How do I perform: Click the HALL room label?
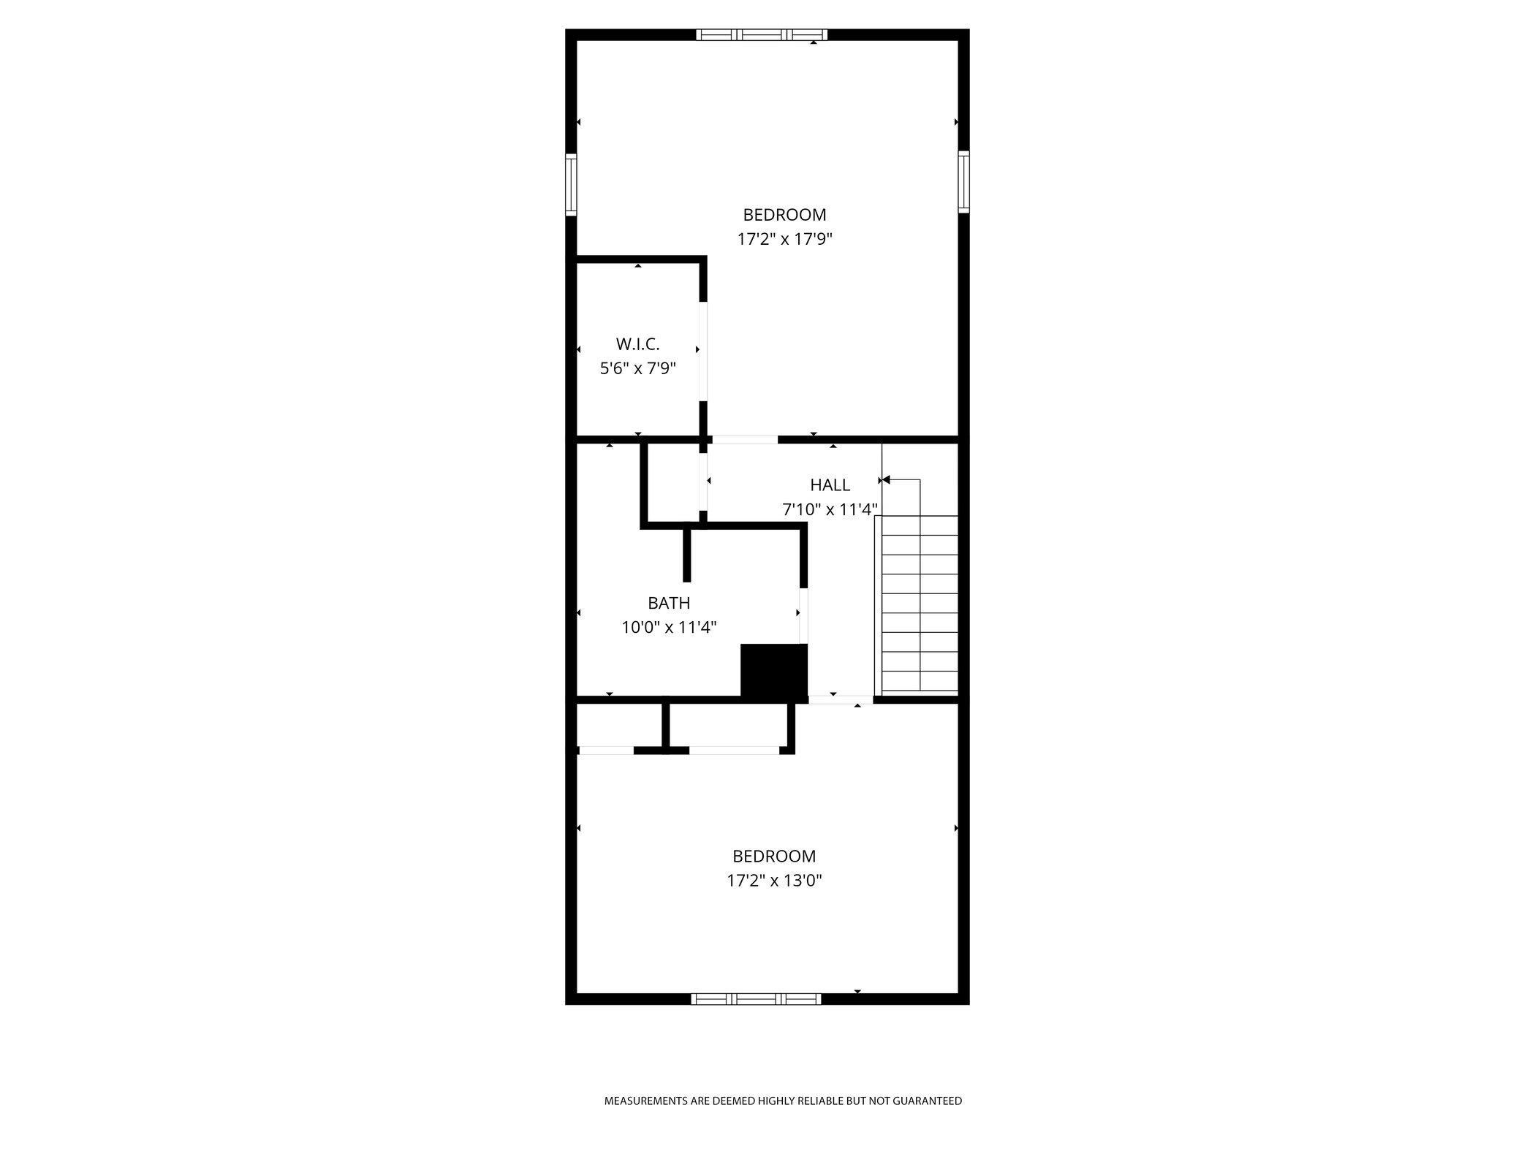coord(830,485)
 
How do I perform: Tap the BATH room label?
coord(669,603)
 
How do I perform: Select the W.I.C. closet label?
coord(637,344)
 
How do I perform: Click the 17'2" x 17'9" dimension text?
coord(785,239)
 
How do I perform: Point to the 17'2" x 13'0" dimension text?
coord(774,881)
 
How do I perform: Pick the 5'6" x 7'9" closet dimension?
coord(637,368)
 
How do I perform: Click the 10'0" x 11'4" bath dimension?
coord(669,627)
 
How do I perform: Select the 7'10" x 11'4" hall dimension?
coord(830,509)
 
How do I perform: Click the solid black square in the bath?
coord(774,670)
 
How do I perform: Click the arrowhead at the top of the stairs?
coord(885,480)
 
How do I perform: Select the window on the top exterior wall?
coord(762,34)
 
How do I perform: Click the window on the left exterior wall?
coord(571,184)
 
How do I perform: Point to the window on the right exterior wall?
coord(963,182)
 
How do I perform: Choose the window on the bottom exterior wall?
coord(757,999)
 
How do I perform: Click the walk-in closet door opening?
coord(703,352)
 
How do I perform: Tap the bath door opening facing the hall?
coord(803,615)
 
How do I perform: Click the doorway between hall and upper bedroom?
coord(745,440)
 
